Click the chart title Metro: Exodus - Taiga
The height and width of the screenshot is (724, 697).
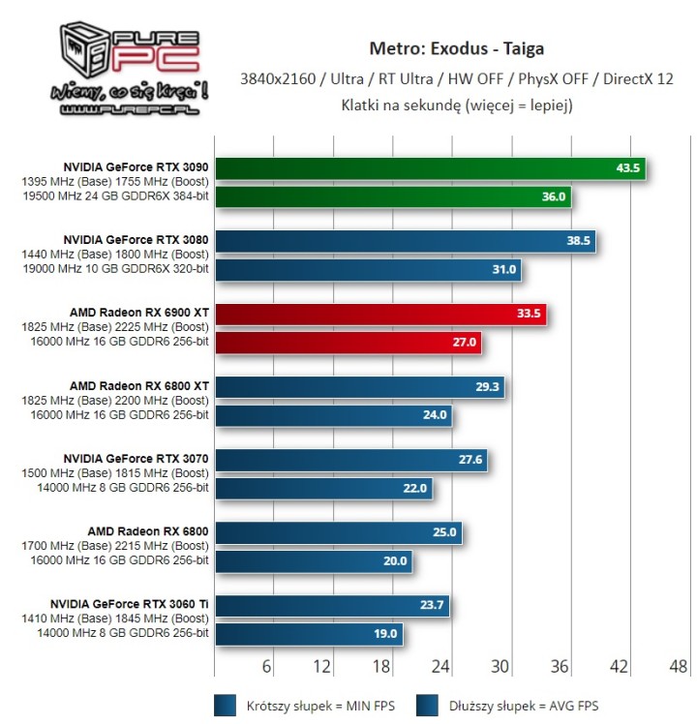[456, 48]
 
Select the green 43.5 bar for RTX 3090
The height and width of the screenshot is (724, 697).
[429, 168]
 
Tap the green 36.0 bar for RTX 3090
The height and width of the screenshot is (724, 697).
[392, 197]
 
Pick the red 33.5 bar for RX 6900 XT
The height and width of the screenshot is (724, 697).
[380, 314]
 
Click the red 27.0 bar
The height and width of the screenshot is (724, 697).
[348, 343]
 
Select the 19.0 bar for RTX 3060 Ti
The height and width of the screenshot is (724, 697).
[308, 633]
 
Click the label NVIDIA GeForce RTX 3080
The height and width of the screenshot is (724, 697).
[136, 238]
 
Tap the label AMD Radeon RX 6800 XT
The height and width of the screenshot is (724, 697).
[139, 385]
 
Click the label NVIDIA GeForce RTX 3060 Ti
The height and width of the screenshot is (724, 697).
[136, 603]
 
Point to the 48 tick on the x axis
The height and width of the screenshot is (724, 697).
[679, 666]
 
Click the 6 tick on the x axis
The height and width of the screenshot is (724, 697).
[268, 666]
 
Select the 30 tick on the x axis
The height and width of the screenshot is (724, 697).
[500, 666]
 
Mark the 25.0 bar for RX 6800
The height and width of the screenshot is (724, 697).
[338, 531]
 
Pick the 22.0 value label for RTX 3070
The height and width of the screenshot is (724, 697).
[415, 488]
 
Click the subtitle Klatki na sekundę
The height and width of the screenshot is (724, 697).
[456, 105]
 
